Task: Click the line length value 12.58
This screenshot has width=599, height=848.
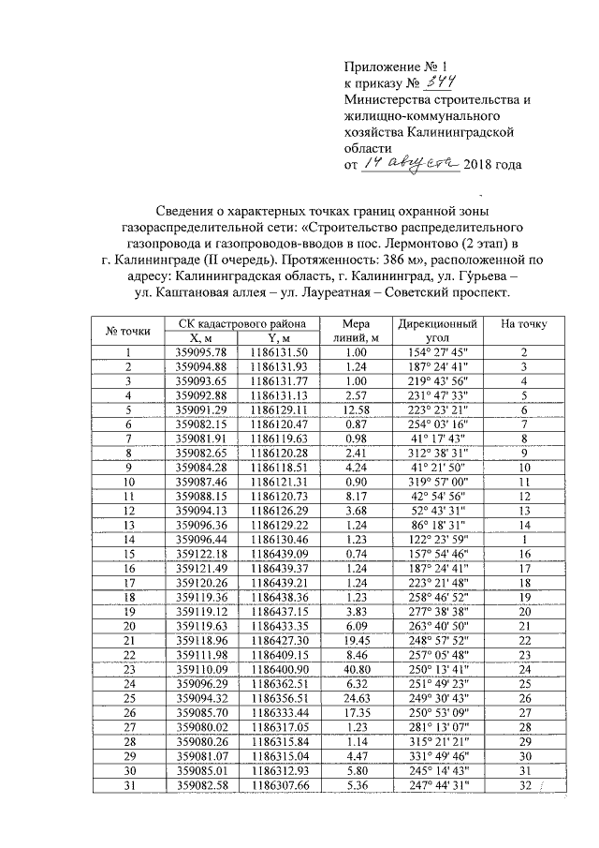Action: tap(356, 410)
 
